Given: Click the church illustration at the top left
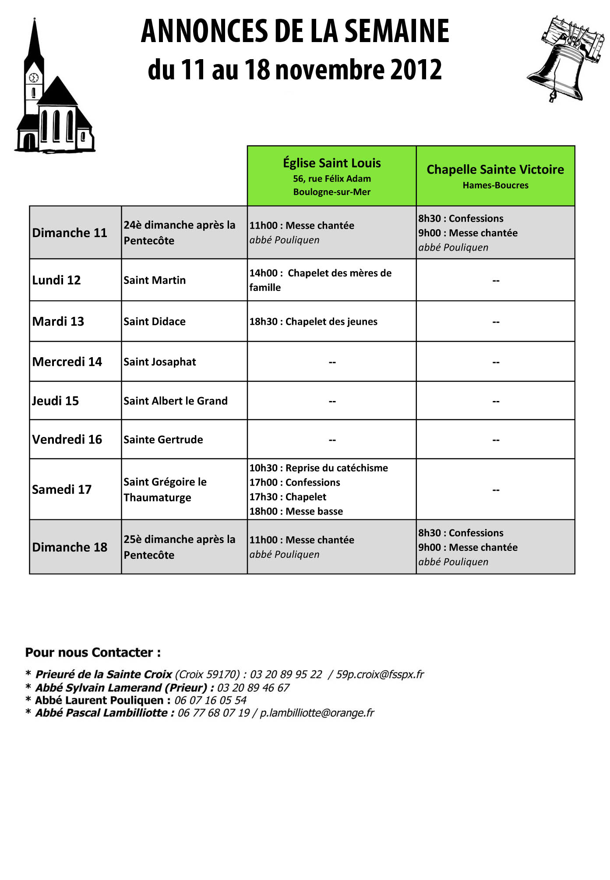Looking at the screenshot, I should (55, 101).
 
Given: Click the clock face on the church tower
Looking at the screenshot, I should (34, 78).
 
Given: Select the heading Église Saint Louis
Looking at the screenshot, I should (331, 163).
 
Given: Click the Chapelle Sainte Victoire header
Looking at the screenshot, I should (495, 170).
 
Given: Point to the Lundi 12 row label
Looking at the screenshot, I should (56, 280).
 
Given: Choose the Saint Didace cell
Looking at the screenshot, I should (155, 322).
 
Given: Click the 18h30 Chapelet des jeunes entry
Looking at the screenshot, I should (313, 322).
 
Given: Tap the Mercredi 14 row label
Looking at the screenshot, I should (67, 362).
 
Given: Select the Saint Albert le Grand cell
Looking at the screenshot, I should (175, 401).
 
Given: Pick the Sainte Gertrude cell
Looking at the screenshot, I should (163, 440).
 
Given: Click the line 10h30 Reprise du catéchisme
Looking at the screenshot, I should (318, 468).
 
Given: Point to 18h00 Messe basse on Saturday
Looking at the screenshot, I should (296, 511).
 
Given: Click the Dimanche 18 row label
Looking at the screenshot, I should (70, 547).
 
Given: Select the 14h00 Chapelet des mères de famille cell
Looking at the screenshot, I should (320, 280).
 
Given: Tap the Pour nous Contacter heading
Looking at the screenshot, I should (93, 653).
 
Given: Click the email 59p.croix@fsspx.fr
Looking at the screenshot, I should (380, 674).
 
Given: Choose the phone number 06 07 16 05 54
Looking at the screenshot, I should (210, 700).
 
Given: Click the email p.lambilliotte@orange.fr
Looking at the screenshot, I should (317, 713).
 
